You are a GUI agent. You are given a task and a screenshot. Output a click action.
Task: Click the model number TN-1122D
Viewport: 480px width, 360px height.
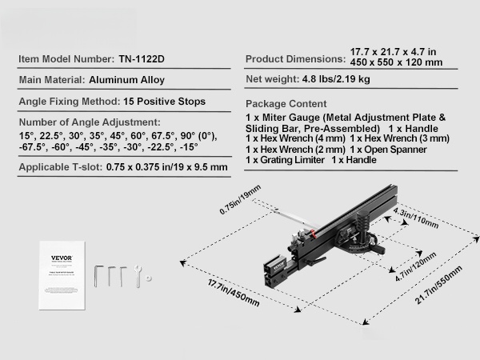pos(142,58)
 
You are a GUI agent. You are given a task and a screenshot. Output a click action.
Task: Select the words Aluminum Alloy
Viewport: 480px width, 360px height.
pos(126,80)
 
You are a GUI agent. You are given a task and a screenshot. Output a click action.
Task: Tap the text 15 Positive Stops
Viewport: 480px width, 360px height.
pos(164,102)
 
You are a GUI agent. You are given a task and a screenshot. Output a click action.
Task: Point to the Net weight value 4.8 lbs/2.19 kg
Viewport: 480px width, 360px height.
pos(336,79)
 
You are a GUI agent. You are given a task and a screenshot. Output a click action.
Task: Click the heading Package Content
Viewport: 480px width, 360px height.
pos(286,104)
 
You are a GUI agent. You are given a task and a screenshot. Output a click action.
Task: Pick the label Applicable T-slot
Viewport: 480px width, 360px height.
pos(61,167)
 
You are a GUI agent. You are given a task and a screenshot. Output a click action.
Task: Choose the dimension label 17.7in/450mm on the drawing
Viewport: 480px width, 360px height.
pos(234,292)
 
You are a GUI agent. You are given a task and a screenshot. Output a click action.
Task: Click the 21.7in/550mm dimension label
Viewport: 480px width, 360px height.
pos(438,285)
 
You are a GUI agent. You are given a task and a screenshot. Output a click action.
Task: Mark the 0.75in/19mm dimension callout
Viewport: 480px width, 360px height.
pos(240,199)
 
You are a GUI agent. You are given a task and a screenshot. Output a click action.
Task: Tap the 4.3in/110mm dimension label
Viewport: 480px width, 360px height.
pos(416,218)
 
